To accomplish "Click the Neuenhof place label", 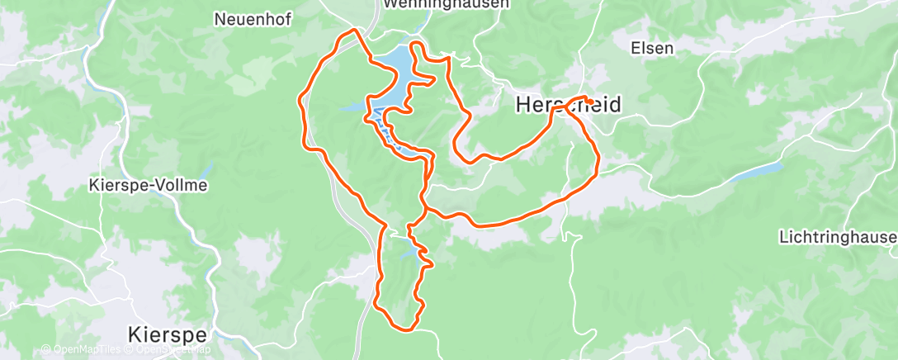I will point(253,20).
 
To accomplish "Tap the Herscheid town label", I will point(568,105).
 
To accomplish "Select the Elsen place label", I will point(652,48).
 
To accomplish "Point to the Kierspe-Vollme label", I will point(147,186).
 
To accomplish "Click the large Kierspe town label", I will point(168,334).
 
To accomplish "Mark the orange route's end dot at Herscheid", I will point(590,102).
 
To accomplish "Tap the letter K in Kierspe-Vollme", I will point(92,186).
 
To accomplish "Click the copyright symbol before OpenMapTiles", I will point(45,350).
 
